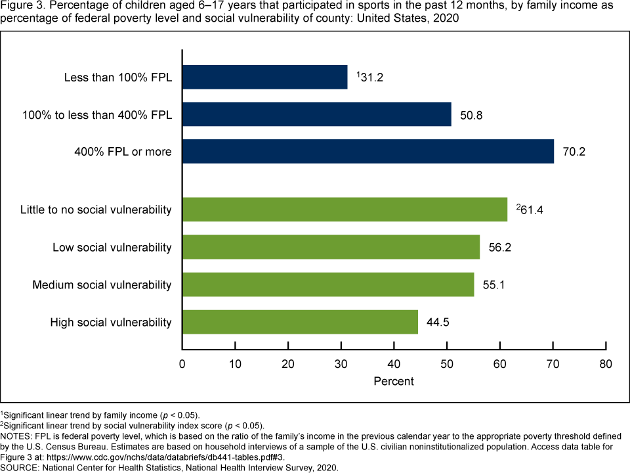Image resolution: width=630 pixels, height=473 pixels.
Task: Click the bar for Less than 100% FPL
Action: [264, 77]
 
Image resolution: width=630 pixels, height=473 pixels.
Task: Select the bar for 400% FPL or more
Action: [367, 152]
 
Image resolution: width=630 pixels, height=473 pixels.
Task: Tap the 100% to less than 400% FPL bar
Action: [316, 114]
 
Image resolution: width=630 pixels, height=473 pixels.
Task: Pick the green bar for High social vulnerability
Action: [300, 322]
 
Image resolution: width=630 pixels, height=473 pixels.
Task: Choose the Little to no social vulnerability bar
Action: [345, 210]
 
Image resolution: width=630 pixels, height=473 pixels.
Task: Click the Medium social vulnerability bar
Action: [327, 284]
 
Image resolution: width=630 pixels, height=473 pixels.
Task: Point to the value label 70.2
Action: [574, 152]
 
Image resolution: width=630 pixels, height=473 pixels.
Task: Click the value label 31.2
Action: [371, 77]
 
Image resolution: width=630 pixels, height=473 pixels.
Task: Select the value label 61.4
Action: [531, 210]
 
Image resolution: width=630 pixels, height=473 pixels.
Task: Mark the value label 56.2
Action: [500, 247]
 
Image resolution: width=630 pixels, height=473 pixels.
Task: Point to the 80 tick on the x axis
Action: [606, 363]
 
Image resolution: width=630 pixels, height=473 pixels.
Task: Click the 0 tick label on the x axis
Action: [182, 363]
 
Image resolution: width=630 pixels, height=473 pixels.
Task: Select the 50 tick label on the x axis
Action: [447, 363]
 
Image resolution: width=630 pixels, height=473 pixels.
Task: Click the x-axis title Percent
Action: [394, 381]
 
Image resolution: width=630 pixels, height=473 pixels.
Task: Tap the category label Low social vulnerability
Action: [112, 247]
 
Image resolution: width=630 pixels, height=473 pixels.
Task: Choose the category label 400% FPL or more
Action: [123, 152]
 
